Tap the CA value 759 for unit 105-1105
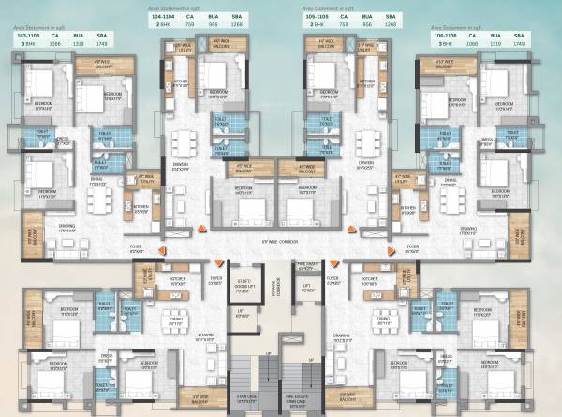point(354,25)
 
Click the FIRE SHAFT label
point(306,265)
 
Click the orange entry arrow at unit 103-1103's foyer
point(167,251)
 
